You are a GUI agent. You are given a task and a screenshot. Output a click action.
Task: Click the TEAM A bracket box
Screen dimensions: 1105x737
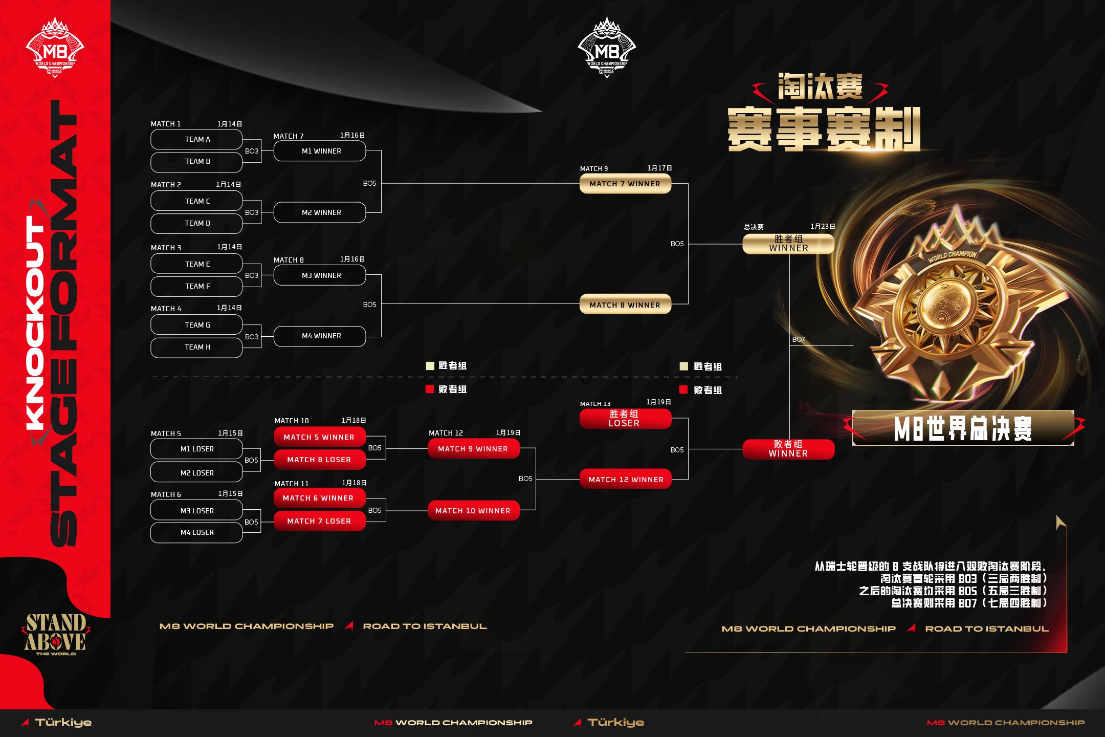coord(196,139)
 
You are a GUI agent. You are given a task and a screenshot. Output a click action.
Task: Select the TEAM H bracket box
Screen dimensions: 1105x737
coord(196,348)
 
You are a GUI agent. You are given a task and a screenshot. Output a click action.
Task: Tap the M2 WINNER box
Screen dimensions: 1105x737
coord(320,212)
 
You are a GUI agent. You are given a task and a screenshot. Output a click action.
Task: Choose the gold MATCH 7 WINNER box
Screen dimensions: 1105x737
coord(625,184)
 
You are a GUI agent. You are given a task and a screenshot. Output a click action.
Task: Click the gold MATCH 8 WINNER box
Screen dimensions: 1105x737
coord(625,305)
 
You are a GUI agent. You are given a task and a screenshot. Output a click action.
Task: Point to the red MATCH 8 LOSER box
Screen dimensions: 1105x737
coord(320,460)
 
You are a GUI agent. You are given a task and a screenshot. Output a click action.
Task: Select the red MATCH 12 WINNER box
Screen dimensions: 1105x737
coord(625,480)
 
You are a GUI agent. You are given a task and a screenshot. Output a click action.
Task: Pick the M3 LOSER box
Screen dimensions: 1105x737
coord(196,510)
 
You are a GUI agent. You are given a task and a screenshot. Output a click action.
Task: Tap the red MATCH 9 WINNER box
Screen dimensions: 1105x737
coord(474,449)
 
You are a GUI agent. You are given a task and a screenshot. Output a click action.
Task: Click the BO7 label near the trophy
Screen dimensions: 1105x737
coord(799,339)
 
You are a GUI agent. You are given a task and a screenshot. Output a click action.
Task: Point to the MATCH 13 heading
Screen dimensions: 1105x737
coord(595,404)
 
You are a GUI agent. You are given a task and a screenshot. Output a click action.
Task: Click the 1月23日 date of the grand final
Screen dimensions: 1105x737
coord(823,226)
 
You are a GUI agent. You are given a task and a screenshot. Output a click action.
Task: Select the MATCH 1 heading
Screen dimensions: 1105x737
coord(166,124)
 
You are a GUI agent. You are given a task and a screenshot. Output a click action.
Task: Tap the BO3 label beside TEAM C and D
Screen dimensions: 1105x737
coord(252,212)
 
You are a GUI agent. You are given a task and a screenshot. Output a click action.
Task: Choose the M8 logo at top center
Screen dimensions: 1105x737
coord(607,48)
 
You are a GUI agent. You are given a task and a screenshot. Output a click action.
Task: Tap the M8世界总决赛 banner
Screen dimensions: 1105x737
coord(963,428)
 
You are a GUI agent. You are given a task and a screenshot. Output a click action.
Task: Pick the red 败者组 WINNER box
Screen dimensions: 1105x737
coord(788,449)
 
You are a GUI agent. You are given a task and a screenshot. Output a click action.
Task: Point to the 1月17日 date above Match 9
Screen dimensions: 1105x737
coord(659,168)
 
